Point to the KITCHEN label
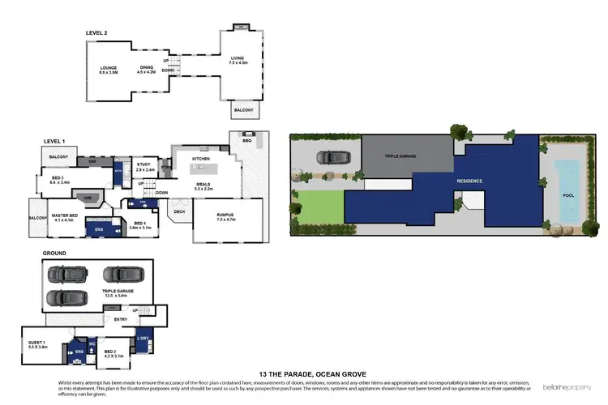[201, 158]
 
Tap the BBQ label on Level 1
[248, 140]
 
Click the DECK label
[180, 212]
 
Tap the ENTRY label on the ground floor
[121, 318]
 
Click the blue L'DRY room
[143, 339]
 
